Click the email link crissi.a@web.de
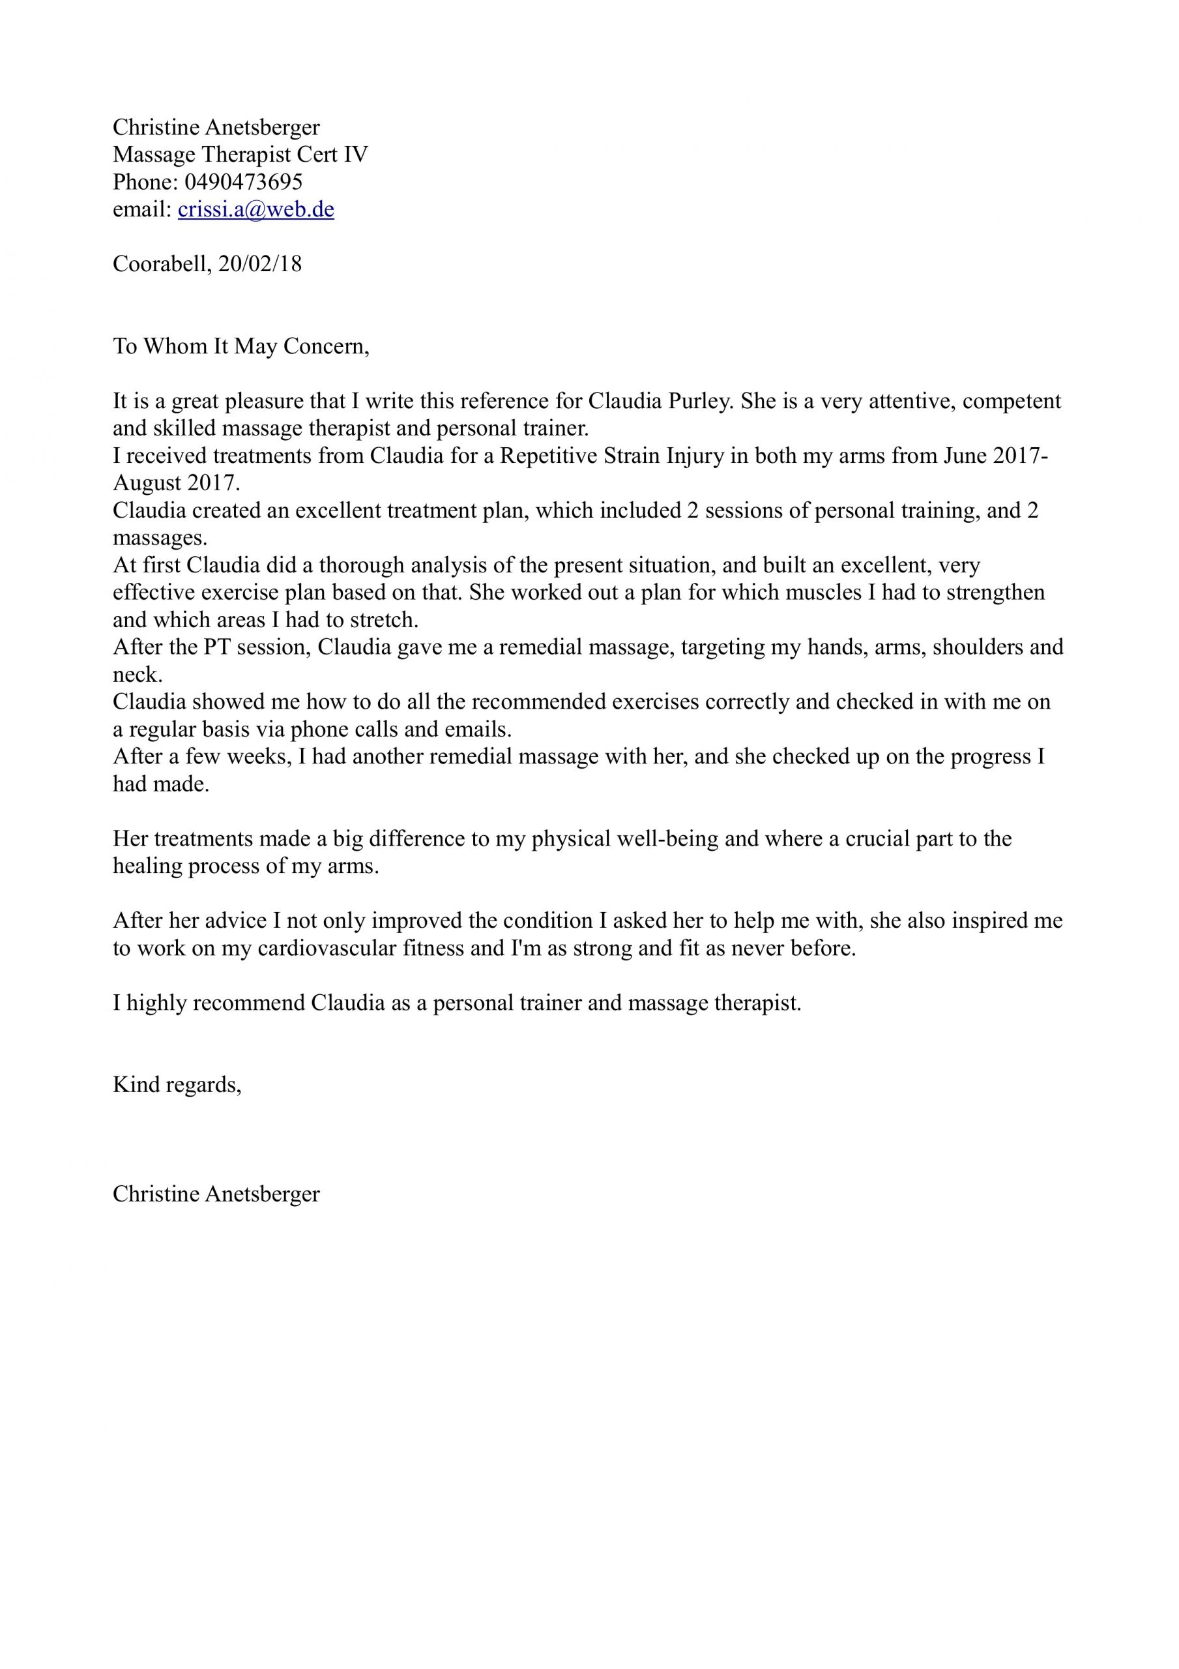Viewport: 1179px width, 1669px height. click(x=256, y=209)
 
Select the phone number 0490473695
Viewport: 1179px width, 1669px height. click(x=244, y=182)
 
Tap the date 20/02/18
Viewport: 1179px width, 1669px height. click(x=260, y=264)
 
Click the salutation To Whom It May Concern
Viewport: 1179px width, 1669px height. click(x=240, y=347)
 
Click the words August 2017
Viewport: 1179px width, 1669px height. click(x=175, y=483)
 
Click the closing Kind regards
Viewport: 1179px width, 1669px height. click(x=176, y=1086)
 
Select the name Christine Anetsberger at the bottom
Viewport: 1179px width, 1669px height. click(x=216, y=1194)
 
